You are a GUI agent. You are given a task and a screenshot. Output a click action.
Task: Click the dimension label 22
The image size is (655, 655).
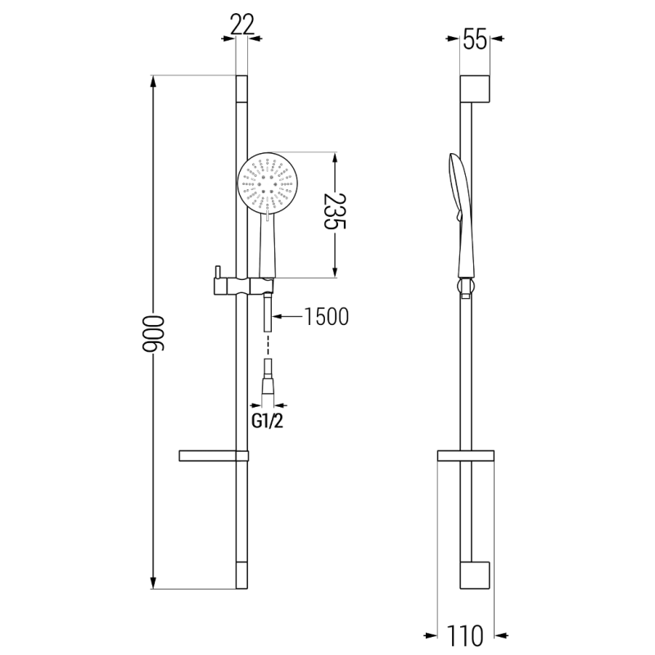click(241, 25)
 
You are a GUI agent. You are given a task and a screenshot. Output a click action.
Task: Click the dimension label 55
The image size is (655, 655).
click(475, 39)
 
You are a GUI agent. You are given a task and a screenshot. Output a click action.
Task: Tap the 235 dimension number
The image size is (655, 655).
click(334, 213)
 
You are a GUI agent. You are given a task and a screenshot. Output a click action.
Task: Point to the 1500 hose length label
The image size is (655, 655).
click(327, 316)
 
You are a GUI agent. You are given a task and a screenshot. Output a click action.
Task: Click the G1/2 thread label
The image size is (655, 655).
click(267, 422)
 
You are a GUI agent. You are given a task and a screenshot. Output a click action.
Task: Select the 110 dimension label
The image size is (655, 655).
click(465, 634)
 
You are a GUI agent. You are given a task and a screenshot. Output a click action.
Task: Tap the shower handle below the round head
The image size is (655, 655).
click(268, 246)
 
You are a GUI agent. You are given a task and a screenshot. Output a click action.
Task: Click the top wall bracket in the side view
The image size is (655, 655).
click(475, 89)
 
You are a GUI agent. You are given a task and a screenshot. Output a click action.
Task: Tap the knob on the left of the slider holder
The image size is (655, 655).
click(218, 273)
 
